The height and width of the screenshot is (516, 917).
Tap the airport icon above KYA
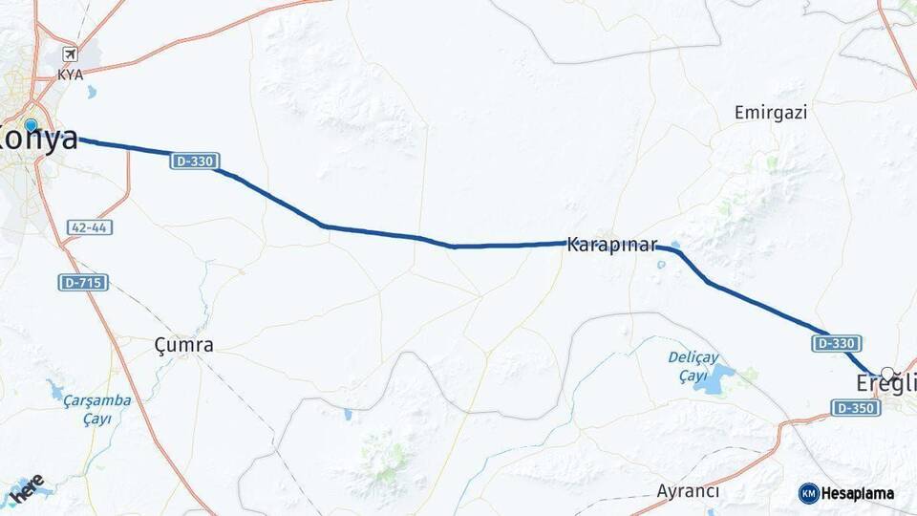pyautogui.click(x=70, y=54)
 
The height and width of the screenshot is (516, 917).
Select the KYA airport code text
pyautogui.click(x=70, y=75)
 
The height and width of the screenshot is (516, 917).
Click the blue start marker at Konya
pyautogui.click(x=31, y=125)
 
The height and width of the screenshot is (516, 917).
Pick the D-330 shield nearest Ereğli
pyautogui.click(x=837, y=342)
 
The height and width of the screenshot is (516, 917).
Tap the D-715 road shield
pyautogui.click(x=83, y=282)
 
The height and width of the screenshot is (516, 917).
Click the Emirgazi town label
pyautogui.click(x=771, y=113)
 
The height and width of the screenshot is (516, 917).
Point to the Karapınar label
pyautogui.click(x=612, y=245)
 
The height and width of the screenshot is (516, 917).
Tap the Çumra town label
pyautogui.click(x=183, y=345)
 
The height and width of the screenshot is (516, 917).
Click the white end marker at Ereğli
pyautogui.click(x=887, y=374)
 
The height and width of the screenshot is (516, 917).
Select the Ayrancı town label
pyautogui.click(x=688, y=491)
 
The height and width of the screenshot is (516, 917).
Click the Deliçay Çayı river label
pyautogui.click(x=693, y=367)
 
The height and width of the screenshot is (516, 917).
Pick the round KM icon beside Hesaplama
pyautogui.click(x=809, y=493)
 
